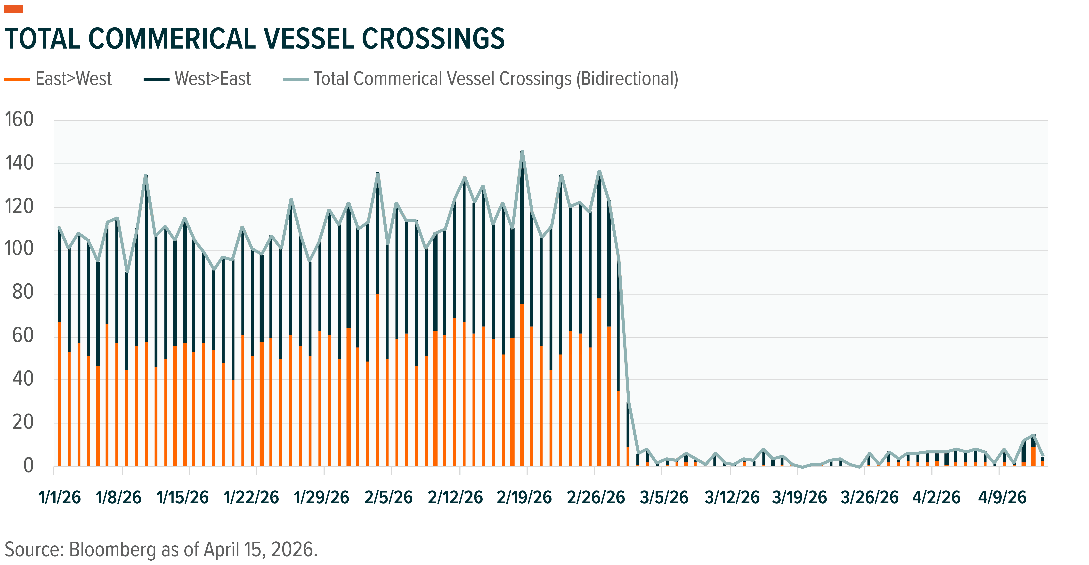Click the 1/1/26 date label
[60, 497]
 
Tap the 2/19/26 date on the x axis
[524, 497]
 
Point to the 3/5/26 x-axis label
[664, 497]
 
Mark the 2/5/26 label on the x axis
[389, 497]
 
